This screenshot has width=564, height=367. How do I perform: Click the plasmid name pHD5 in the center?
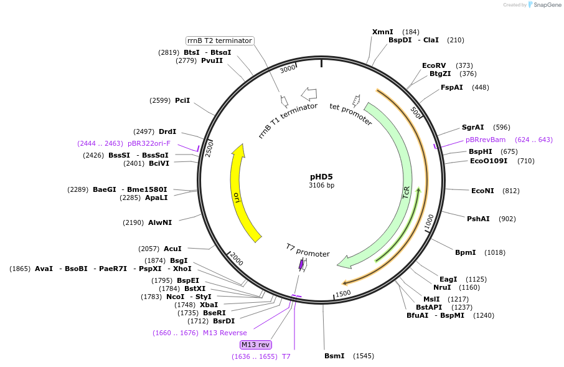point(321,176)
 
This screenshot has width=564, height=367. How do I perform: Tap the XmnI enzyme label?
point(382,32)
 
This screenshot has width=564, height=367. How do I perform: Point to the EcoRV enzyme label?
point(434,65)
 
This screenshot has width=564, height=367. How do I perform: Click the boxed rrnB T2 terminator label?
point(220,41)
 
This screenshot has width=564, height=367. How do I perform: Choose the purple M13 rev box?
point(255,345)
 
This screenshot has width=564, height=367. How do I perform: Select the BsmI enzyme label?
point(334,356)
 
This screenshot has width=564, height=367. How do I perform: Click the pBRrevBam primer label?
point(486,140)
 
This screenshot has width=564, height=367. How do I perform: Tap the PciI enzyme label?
point(182,100)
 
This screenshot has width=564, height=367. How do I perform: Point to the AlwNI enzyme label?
point(160,222)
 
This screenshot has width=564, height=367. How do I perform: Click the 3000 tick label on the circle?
point(288,69)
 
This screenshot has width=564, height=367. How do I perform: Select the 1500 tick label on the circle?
point(343,293)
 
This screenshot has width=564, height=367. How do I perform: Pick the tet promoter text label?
point(350,114)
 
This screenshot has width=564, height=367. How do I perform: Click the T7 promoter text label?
point(308,250)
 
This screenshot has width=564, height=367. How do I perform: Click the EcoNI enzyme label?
point(482,191)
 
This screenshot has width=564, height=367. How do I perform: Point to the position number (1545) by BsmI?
point(364,356)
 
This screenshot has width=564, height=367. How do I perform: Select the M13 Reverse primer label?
point(225,333)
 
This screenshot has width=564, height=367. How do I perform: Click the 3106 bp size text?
point(321,186)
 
